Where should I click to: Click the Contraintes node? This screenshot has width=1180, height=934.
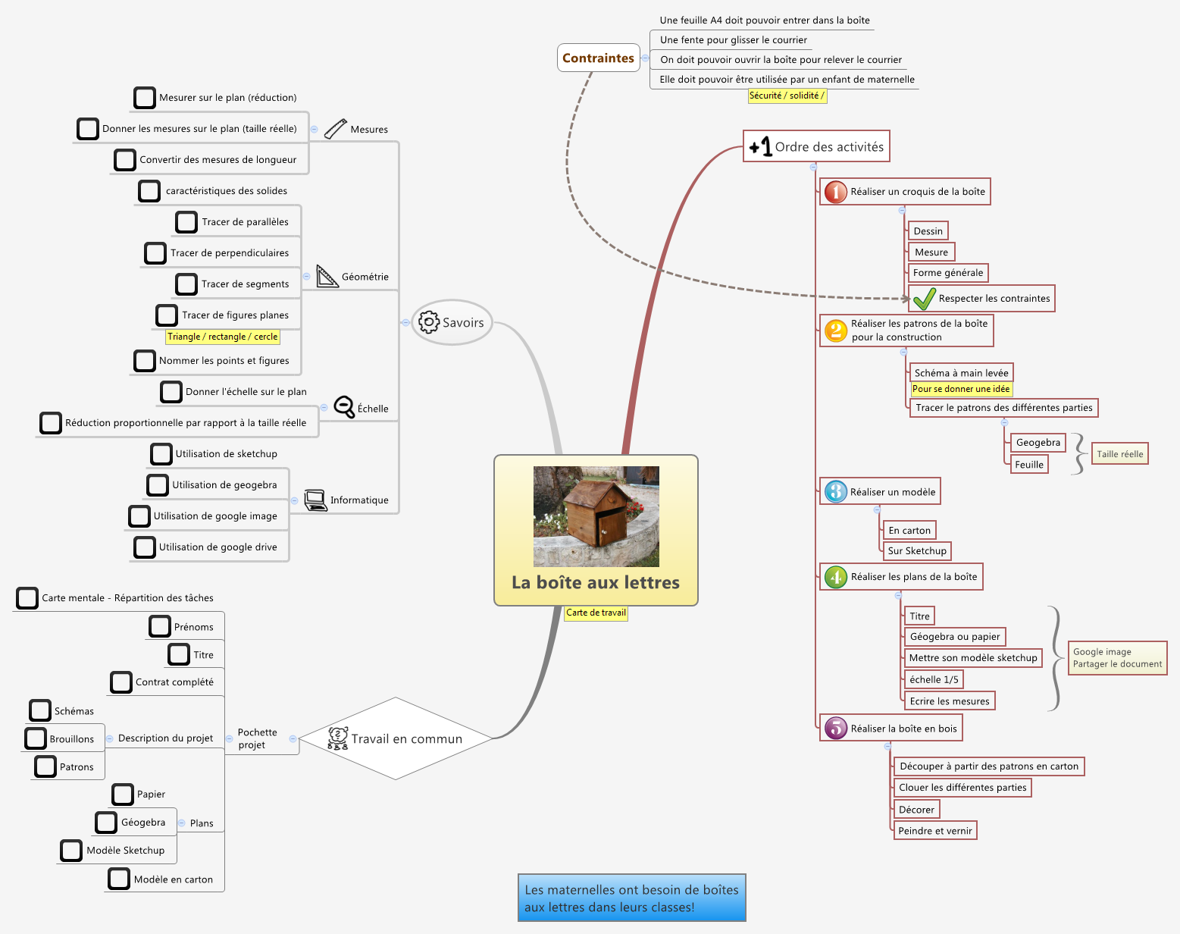click(x=598, y=58)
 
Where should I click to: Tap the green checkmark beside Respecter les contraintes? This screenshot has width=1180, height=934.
click(x=924, y=299)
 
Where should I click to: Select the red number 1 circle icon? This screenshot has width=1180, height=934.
click(x=835, y=192)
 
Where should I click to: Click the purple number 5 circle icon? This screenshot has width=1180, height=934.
click(x=835, y=729)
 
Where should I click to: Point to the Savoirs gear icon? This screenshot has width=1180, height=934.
click(x=429, y=322)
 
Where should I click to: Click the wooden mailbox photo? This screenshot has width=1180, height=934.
click(x=596, y=516)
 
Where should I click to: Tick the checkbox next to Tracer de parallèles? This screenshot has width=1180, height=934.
click(x=186, y=222)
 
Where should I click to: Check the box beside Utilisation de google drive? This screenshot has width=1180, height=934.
click(x=144, y=547)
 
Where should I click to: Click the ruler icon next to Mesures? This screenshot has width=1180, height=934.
click(x=335, y=129)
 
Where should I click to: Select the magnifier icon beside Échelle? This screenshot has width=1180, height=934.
click(x=344, y=407)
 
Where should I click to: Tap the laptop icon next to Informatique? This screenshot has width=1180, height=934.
click(x=315, y=500)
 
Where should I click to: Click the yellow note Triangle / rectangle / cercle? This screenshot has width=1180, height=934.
click(x=223, y=337)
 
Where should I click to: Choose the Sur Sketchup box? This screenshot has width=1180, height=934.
click(x=917, y=551)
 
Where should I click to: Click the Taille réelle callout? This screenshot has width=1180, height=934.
click(x=1119, y=454)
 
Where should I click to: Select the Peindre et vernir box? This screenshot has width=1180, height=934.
click(x=934, y=831)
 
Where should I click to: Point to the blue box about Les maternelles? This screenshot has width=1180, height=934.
click(x=631, y=898)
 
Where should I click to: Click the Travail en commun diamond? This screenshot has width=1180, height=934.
click(x=396, y=738)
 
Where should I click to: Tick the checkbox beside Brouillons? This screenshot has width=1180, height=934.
click(x=36, y=738)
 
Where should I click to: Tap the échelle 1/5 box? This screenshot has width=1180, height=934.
click(x=934, y=679)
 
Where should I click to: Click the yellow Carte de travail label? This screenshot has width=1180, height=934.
click(x=596, y=613)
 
